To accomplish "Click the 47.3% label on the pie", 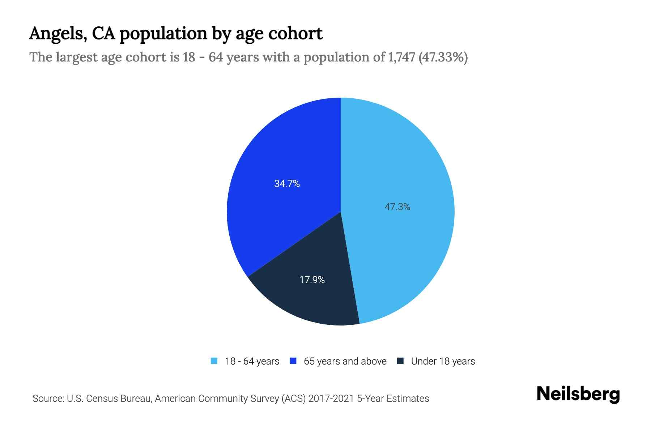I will pyautogui.click(x=397, y=207).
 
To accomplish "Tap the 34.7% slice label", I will pyautogui.click(x=287, y=184).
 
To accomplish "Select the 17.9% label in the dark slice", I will pyautogui.click(x=312, y=280).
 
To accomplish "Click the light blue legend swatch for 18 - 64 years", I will pyautogui.click(x=214, y=361).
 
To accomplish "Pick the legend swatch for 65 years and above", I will pyautogui.click(x=293, y=361).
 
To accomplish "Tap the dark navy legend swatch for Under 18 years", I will pyautogui.click(x=400, y=361).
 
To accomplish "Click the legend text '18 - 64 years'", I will pyautogui.click(x=252, y=361).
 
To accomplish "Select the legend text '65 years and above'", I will pyautogui.click(x=345, y=361).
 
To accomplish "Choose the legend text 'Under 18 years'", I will pyautogui.click(x=443, y=361).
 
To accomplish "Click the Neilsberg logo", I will pyautogui.click(x=578, y=394).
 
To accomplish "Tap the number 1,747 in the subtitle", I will pyautogui.click(x=401, y=57).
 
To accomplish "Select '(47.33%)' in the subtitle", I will pyautogui.click(x=443, y=57).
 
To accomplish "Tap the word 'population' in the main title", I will pyautogui.click(x=163, y=34).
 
